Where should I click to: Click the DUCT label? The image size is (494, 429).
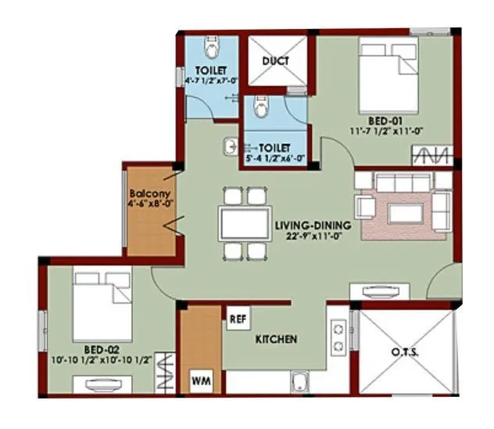pos(275,61)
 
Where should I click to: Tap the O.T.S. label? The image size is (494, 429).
pos(404,352)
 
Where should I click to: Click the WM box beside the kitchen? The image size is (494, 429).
pos(201,382)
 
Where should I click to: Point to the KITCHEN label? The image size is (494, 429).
pos(276,340)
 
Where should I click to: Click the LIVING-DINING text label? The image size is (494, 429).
pos(313,226)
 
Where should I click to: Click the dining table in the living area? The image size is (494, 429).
pos(245,222)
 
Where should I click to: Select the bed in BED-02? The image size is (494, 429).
pos(102,301)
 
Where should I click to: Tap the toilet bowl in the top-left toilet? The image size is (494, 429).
pos(209,49)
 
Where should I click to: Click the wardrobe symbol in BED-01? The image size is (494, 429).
pos(431,154)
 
